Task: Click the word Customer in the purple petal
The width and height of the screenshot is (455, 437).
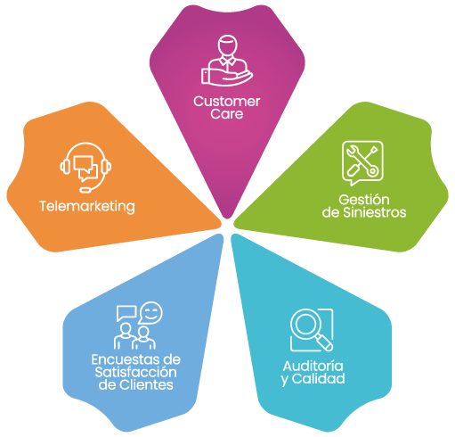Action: [x=227, y=102]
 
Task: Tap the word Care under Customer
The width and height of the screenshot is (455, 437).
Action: [x=227, y=114]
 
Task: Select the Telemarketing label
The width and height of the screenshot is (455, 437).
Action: [x=87, y=206]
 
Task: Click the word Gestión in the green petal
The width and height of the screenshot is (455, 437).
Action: [x=364, y=200]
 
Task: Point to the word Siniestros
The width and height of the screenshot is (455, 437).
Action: [x=374, y=212]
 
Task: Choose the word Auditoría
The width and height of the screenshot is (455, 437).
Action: [x=313, y=366]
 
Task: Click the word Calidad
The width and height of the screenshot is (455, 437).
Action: [x=318, y=378]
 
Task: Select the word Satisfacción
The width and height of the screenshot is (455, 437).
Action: [x=136, y=372]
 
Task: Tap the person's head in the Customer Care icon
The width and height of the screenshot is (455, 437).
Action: [x=228, y=45]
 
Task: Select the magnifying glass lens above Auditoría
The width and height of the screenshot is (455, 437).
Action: [x=304, y=323]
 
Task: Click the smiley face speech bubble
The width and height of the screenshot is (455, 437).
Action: [x=150, y=312]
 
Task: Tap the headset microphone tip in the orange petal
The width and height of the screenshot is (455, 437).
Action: [x=85, y=190]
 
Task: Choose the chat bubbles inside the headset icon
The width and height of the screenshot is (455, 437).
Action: [x=85, y=169]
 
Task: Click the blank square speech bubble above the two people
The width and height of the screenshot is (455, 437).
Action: [x=126, y=313]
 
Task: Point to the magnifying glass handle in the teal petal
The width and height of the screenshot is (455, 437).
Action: [x=324, y=342]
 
